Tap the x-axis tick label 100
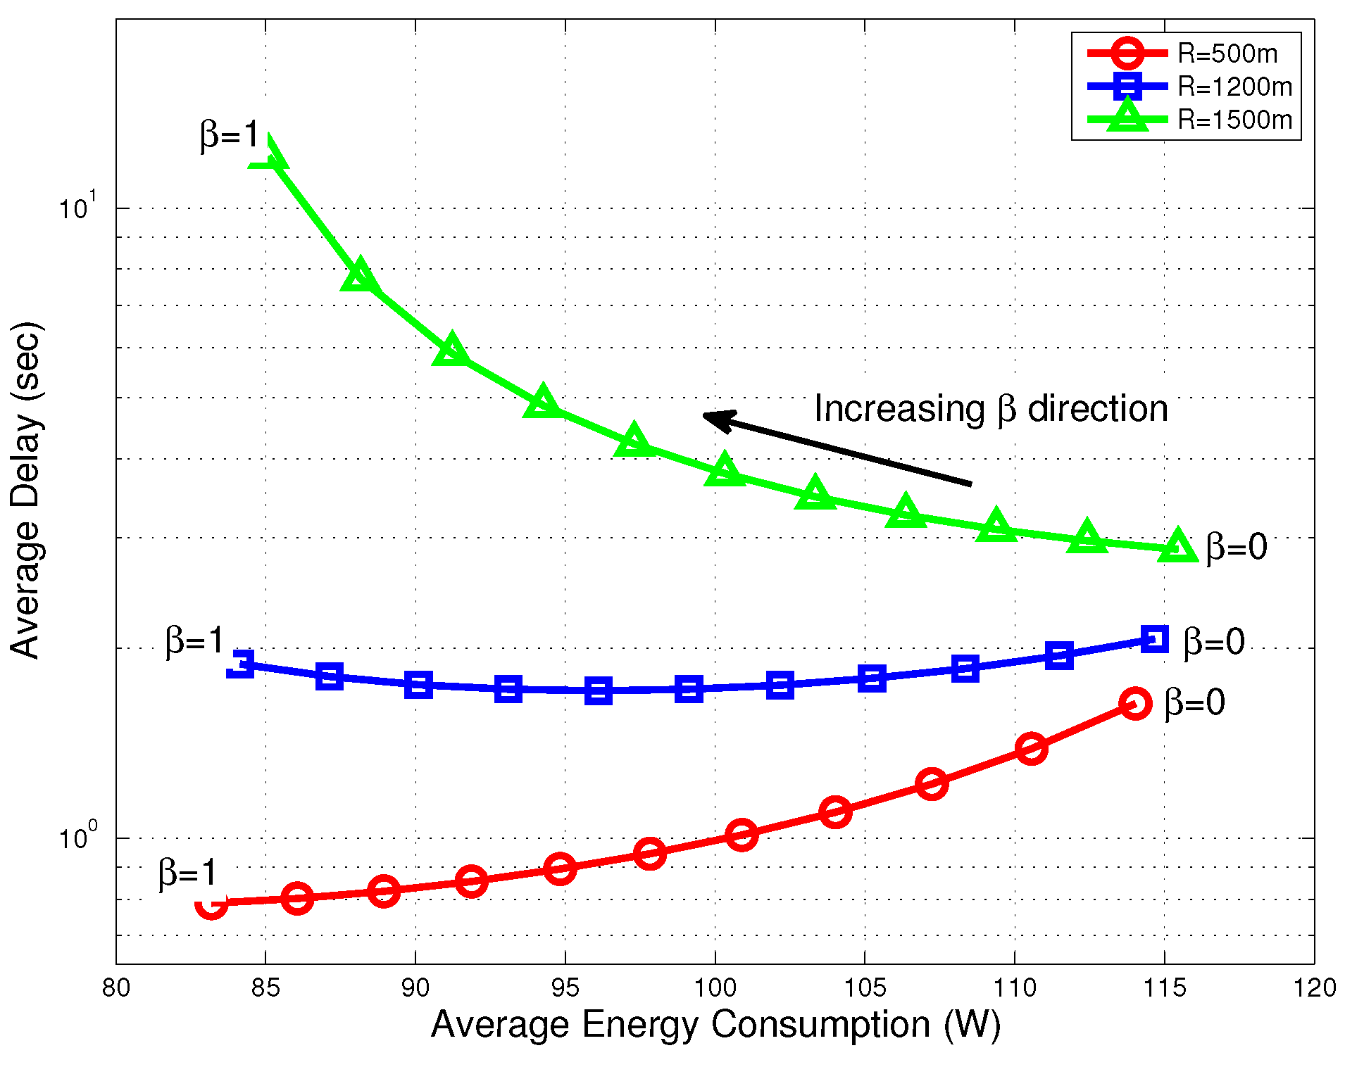pyautogui.click(x=715, y=988)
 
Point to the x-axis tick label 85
pyautogui.click(x=265, y=988)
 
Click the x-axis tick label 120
pyautogui.click(x=1314, y=988)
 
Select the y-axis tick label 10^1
pyautogui.click(x=76, y=208)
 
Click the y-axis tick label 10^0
pyautogui.click(x=76, y=838)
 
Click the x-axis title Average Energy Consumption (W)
pyautogui.click(x=715, y=1024)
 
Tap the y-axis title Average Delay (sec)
pyautogui.click(x=26, y=491)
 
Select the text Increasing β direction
pyautogui.click(x=990, y=409)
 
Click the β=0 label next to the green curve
pyautogui.click(x=1236, y=547)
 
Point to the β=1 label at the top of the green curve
pyautogui.click(x=230, y=134)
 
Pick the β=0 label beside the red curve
pyautogui.click(x=1194, y=702)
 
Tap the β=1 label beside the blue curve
pyautogui.click(x=194, y=641)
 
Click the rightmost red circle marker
pyautogui.click(x=1135, y=703)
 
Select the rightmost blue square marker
pyautogui.click(x=1155, y=639)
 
